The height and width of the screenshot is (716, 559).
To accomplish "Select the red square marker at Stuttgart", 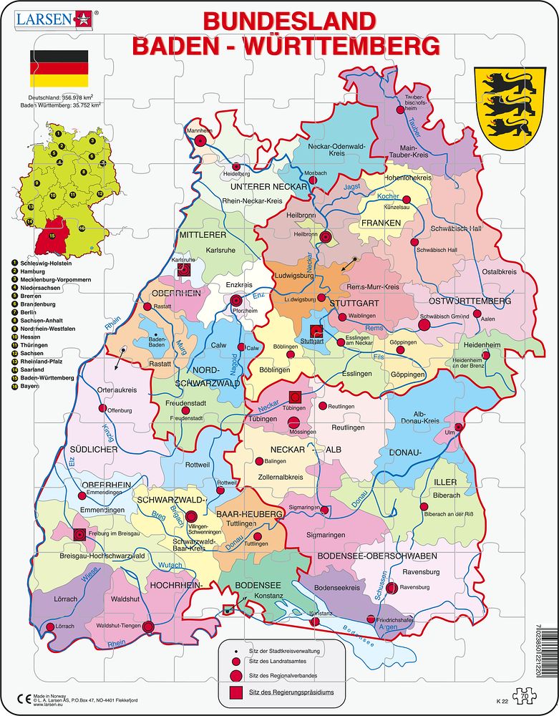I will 317,331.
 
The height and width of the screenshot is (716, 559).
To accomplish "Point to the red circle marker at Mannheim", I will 200,142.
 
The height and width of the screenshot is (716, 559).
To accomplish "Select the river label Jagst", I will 351,186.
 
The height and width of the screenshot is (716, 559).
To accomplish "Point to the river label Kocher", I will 388,196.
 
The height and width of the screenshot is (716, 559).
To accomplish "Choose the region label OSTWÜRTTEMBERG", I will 470,301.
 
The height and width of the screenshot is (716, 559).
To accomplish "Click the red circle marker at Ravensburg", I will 392,588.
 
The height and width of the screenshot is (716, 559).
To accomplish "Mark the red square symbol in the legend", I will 235,692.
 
